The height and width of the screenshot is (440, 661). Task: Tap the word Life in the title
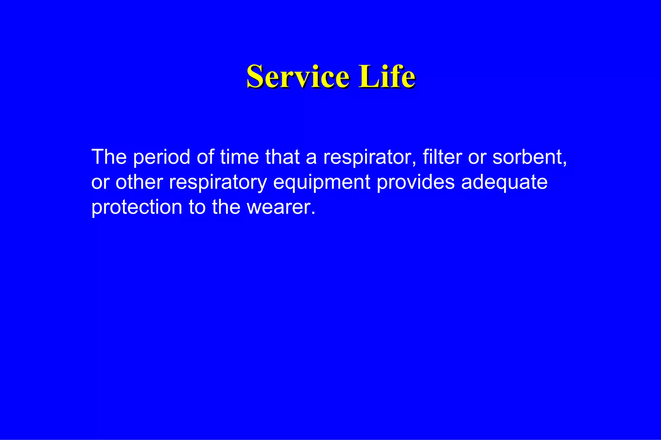(387, 76)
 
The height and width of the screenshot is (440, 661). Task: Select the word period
(161, 158)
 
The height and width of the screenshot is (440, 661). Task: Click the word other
(139, 182)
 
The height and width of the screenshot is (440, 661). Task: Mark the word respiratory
(218, 183)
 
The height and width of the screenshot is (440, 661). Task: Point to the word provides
(416, 182)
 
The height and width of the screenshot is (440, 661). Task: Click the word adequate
(504, 183)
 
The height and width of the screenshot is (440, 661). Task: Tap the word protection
(137, 207)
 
